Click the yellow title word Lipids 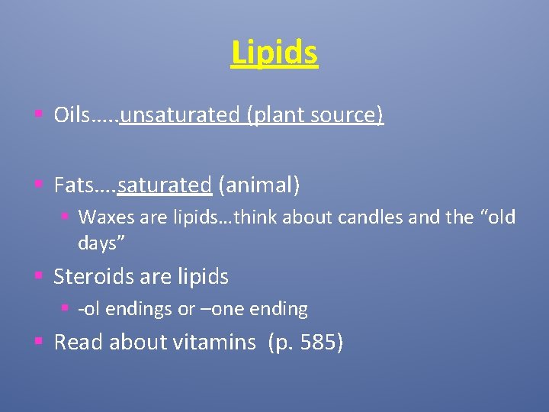pos(274,53)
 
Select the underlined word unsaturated pos(180,115)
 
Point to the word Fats pos(72,185)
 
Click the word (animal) pos(259,185)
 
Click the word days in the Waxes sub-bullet pos(98,243)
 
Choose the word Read pos(79,343)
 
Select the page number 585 pos(318,343)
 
